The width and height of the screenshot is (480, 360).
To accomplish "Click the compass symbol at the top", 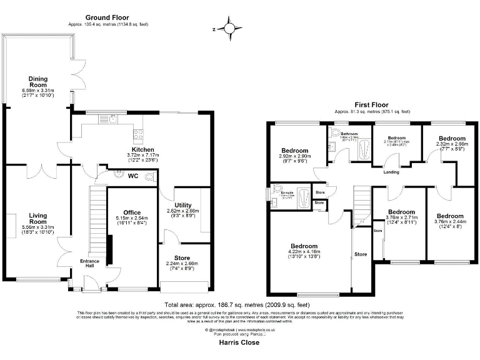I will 229,29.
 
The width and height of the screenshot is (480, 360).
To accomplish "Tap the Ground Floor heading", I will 108,17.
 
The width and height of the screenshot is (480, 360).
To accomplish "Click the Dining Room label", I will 38,79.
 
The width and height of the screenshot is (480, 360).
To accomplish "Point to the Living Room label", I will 38,219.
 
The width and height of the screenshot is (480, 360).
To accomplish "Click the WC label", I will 132,176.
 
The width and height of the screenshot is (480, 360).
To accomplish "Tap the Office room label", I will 132,212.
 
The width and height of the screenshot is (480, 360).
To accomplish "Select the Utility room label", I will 183,205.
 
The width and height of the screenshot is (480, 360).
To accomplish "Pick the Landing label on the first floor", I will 391,172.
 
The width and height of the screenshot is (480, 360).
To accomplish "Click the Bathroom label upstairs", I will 349,134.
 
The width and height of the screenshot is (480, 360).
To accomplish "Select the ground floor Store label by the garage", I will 182,257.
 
